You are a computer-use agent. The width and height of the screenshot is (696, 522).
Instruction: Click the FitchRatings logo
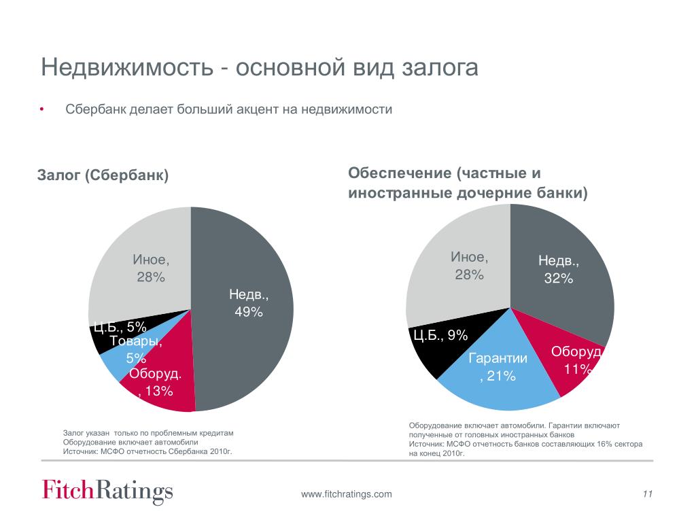(108, 491)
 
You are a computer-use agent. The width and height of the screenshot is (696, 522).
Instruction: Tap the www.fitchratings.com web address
(347, 494)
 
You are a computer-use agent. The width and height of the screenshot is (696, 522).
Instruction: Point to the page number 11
(646, 494)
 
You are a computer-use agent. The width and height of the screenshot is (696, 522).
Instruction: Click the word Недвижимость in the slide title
(126, 69)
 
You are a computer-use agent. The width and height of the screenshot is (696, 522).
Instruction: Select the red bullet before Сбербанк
(41, 110)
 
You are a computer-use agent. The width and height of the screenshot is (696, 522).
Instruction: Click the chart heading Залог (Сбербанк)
(103, 175)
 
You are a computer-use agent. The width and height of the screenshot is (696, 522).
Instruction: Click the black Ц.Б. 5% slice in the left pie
(102, 338)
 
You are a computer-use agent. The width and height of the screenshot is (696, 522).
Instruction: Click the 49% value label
(248, 312)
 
